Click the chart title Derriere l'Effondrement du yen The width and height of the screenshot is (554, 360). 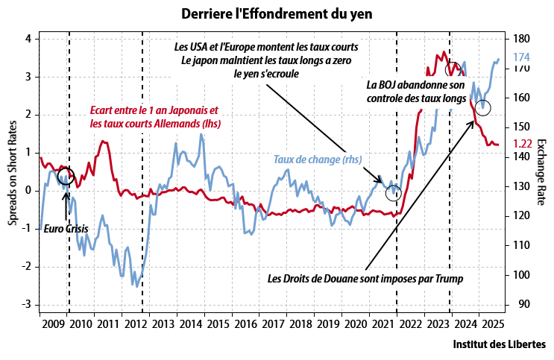pyautogui.click(x=276, y=13)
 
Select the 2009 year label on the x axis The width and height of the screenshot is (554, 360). pyautogui.click(x=53, y=324)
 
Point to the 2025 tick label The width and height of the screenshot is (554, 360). pyautogui.click(x=491, y=324)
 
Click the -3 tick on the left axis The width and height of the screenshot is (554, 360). pyautogui.click(x=28, y=304)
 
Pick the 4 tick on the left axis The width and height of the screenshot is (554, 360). pyautogui.click(x=29, y=39)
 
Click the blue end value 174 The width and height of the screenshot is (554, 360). pyautogui.click(x=522, y=57)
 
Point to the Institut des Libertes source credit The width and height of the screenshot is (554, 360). pyautogui.click(x=499, y=345)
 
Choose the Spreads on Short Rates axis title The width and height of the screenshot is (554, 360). pyautogui.click(x=11, y=171)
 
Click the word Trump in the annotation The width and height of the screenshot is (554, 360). pyautogui.click(x=449, y=279)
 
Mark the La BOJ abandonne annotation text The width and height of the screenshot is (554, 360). pyautogui.click(x=416, y=92)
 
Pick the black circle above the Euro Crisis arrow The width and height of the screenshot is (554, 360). pyautogui.click(x=66, y=177)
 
